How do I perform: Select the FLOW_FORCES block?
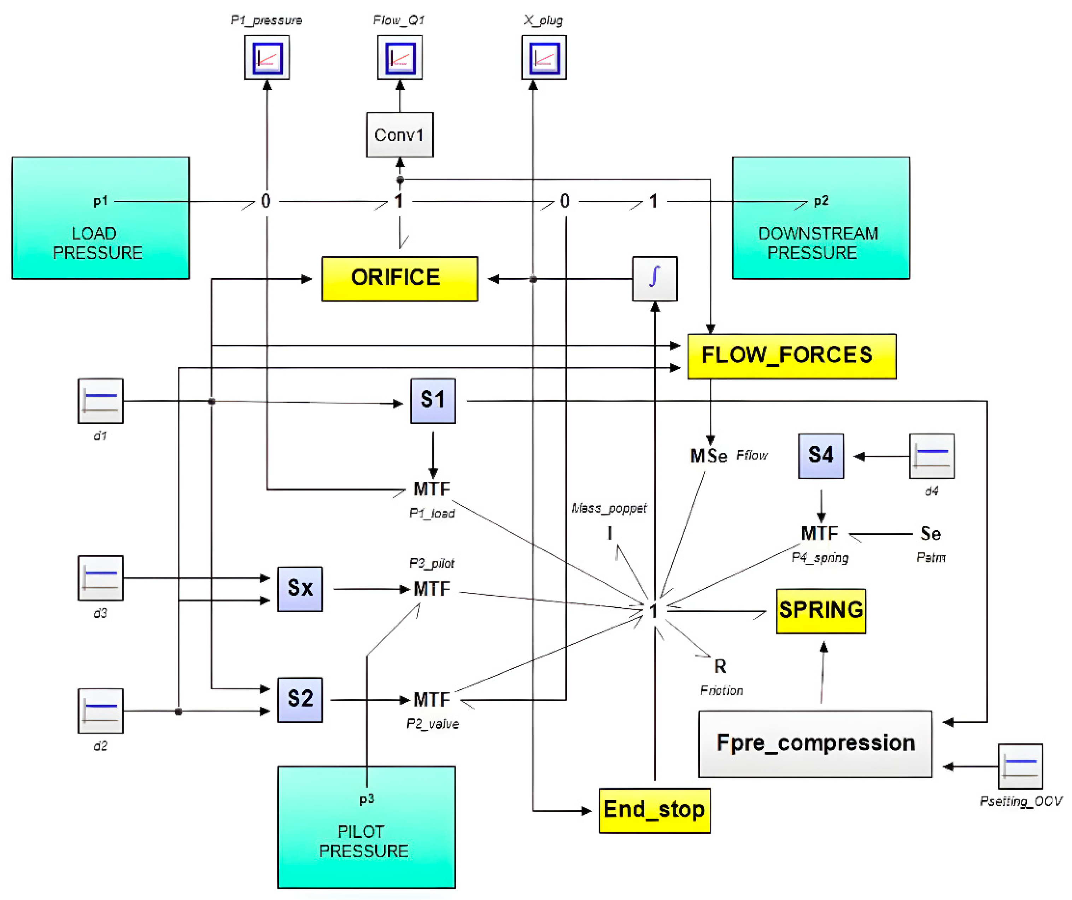791,356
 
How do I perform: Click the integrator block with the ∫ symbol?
655,279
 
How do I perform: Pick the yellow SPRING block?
820,610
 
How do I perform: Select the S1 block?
433,400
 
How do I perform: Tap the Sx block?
300,588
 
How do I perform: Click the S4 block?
820,455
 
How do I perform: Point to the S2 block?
300,699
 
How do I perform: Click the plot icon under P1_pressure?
266,58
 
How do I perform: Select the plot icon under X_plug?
544,58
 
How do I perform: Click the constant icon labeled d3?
101,577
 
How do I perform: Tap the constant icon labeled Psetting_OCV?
1020,766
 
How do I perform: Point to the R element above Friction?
720,666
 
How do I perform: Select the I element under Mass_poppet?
609,533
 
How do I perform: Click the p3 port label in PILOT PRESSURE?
367,799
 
